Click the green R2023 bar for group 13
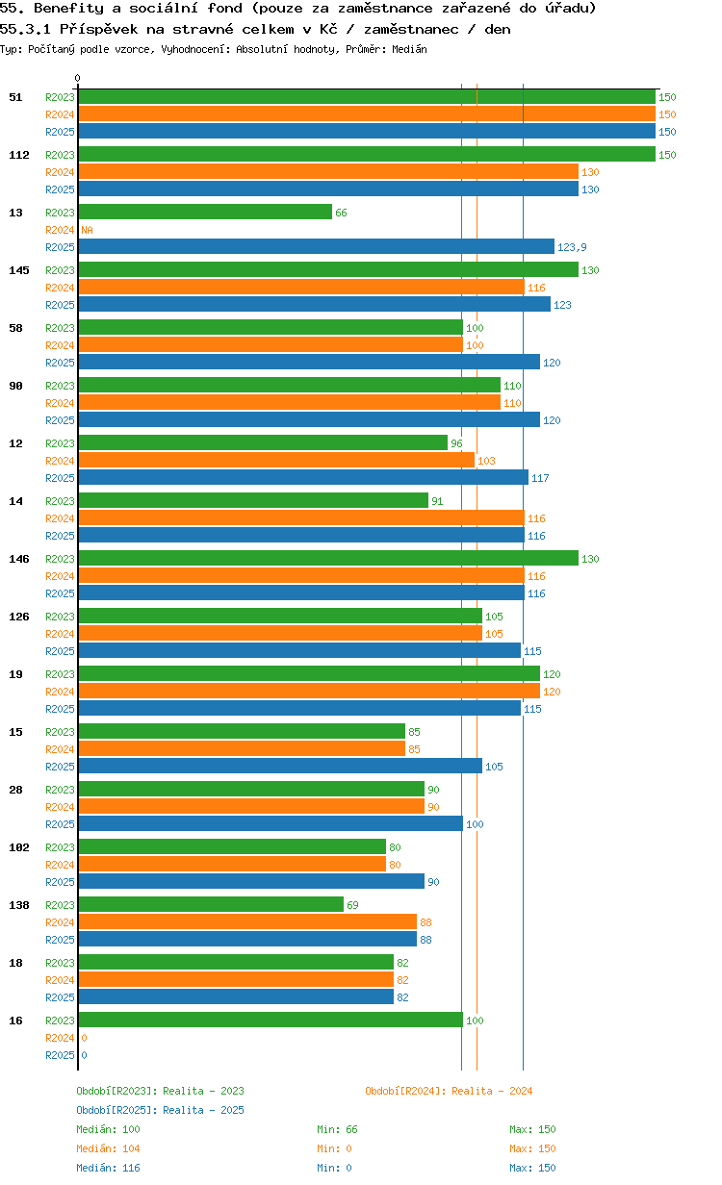click(205, 213)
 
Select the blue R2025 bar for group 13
click(316, 247)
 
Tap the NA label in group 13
click(87, 230)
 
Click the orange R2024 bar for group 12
click(276, 461)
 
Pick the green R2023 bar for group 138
click(211, 905)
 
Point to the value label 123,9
click(572, 247)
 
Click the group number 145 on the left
click(19, 270)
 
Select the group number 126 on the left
click(19, 617)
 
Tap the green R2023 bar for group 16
click(271, 1021)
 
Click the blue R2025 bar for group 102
click(251, 882)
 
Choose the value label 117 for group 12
click(540, 478)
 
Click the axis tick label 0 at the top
click(78, 79)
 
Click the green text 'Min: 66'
click(337, 1129)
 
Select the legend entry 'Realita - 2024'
click(449, 1091)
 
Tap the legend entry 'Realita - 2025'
click(160, 1110)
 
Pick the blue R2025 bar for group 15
click(280, 767)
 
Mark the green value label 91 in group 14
click(437, 501)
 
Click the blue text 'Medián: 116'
click(108, 1168)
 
